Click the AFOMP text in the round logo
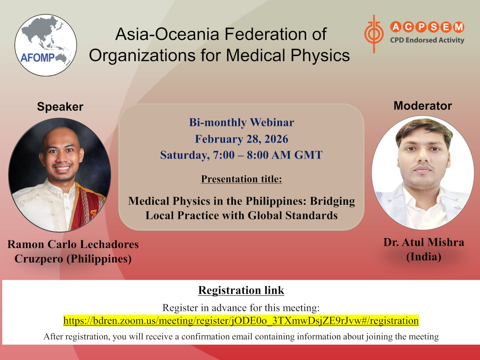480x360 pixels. [37, 58]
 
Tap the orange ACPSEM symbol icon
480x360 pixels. [374, 34]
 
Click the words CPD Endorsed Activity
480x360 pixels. [427, 40]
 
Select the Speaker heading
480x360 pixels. [60, 106]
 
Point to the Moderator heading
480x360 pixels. [423, 106]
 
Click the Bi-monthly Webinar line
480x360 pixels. [241, 122]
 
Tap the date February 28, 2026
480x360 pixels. [241, 139]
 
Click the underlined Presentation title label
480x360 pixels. [241, 179]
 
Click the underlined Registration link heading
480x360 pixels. [241, 290]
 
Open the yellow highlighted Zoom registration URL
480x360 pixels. [241, 321]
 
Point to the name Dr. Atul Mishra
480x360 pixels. [424, 242]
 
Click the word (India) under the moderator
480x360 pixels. [424, 257]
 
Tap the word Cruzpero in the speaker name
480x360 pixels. [39, 259]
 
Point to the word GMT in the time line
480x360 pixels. [308, 155]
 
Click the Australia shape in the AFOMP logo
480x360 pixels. [63, 58]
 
